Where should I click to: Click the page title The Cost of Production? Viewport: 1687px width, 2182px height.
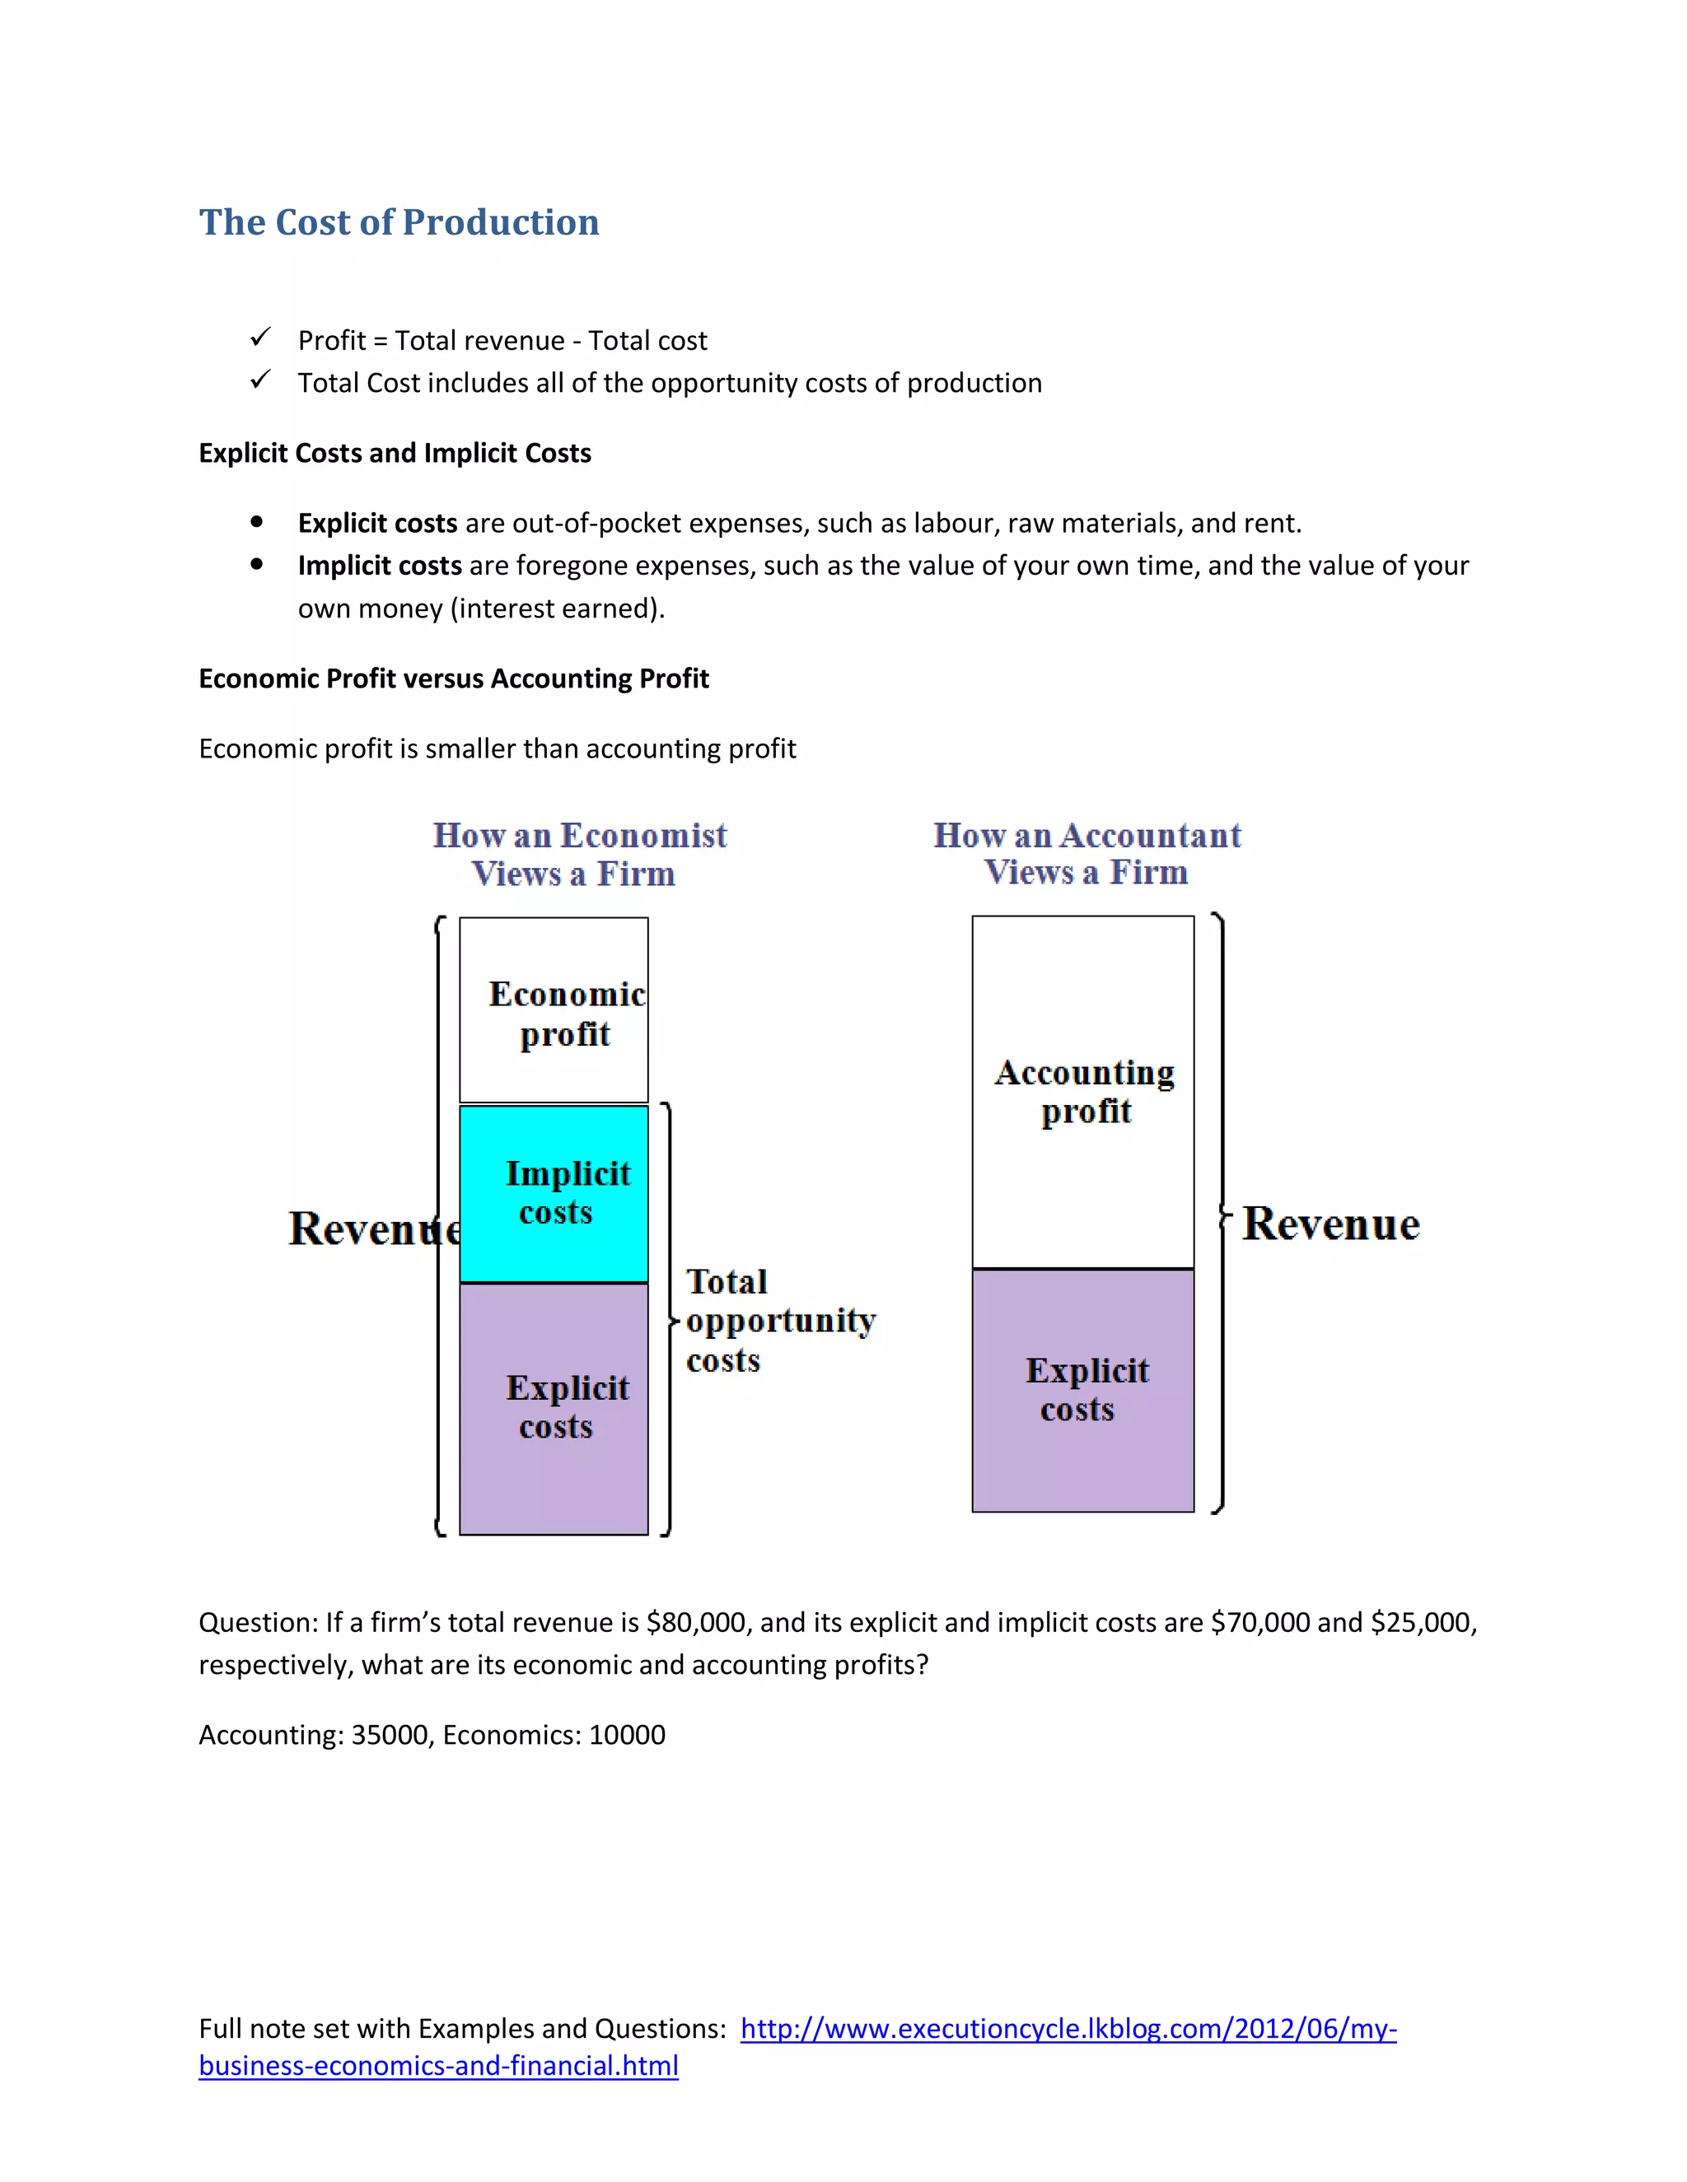click(399, 221)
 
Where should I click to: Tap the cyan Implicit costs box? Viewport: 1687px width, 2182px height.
click(554, 1193)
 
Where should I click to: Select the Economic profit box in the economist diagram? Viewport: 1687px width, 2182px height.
click(554, 1010)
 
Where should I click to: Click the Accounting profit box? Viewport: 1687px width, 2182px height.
click(1083, 1091)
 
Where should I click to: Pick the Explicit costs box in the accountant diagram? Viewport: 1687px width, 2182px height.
click(1083, 1390)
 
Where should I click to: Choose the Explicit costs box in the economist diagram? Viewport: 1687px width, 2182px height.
click(554, 1408)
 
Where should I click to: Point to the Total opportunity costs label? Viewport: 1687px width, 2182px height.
click(779, 1321)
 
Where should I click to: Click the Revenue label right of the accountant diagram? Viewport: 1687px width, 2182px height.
click(1330, 1224)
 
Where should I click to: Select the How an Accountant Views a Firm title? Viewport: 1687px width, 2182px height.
click(1087, 853)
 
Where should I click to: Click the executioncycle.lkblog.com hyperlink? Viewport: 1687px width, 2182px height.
click(1068, 2028)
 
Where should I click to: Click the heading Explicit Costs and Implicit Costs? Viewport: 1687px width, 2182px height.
click(395, 454)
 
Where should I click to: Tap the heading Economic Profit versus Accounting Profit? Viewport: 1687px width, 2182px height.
click(454, 679)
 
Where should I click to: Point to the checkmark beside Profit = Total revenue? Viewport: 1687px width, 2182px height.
click(261, 338)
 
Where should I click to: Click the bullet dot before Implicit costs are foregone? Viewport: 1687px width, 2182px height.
click(257, 565)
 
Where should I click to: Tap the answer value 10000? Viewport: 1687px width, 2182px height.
click(627, 1734)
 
